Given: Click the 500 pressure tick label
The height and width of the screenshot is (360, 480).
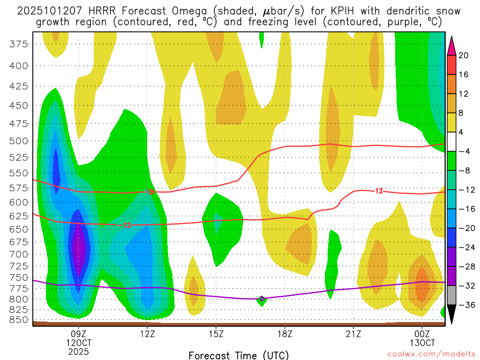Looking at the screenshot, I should click(x=19, y=141).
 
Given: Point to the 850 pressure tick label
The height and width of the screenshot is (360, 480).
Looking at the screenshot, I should click(x=19, y=320).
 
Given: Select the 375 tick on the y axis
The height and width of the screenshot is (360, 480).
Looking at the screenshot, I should click(x=19, y=44).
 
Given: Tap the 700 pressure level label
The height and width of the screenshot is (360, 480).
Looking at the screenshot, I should click(x=19, y=254).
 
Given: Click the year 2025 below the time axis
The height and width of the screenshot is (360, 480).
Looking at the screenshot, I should click(x=78, y=351).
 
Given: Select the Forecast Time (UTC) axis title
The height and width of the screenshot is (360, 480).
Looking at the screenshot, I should click(x=239, y=355).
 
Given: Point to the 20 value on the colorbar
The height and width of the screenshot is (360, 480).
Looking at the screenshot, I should click(x=464, y=55).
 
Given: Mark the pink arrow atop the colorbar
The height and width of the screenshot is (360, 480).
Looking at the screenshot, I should click(x=452, y=45).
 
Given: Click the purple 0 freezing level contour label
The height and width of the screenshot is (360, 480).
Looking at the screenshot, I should click(x=262, y=299).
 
